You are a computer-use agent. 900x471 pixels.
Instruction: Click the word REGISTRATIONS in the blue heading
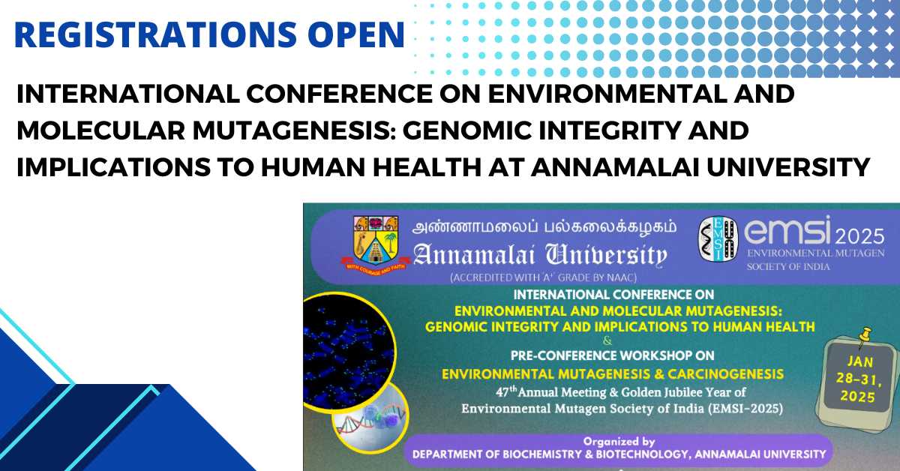click(155, 34)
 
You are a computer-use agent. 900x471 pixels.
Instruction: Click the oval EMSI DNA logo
click(718, 238)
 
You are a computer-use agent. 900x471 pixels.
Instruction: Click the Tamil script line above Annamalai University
click(544, 227)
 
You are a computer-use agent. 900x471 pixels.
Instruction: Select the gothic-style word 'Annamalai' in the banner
click(474, 255)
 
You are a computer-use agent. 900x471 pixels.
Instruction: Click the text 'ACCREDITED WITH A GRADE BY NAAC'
click(544, 277)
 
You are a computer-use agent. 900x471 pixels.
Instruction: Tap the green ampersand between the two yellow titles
click(607, 340)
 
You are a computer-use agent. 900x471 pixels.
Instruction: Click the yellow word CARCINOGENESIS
click(726, 374)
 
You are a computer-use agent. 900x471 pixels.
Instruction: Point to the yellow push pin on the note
click(864, 337)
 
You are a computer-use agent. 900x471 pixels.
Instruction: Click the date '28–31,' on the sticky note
click(859, 379)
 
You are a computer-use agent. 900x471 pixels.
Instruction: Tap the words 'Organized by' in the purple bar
click(619, 442)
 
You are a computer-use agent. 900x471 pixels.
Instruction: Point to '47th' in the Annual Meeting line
click(506, 391)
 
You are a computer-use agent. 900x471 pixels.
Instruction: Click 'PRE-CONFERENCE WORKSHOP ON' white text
click(612, 355)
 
